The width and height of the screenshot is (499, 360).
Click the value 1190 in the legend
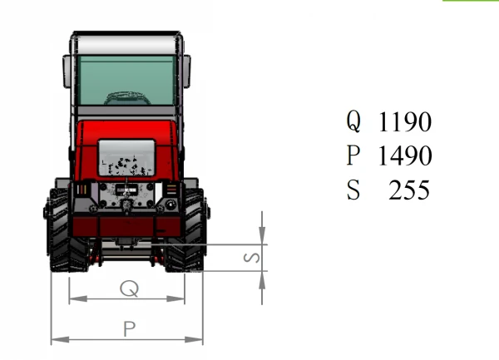click(x=405, y=121)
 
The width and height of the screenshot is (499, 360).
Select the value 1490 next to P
click(x=405, y=155)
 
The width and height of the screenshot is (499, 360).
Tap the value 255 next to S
click(x=409, y=190)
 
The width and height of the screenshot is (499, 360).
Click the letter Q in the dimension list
click(x=353, y=121)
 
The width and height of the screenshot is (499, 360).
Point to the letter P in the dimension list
click(x=353, y=155)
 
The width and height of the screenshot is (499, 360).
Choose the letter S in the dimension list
click(x=353, y=190)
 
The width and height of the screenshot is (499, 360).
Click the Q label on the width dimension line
click(x=129, y=288)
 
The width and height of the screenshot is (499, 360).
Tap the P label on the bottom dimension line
click(x=130, y=329)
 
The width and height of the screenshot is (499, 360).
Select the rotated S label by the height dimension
click(x=252, y=258)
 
